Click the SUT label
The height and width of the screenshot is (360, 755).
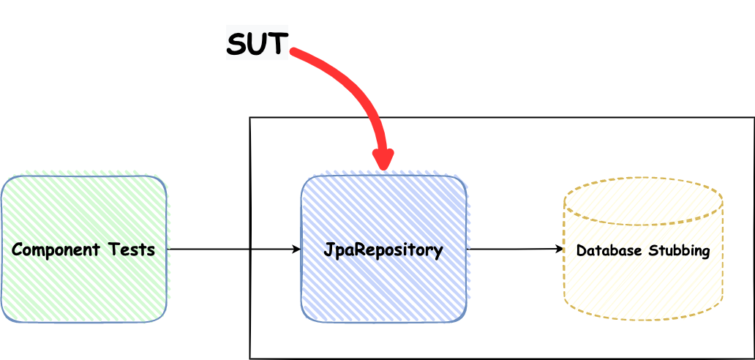(257, 44)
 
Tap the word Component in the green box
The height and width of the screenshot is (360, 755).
(56, 250)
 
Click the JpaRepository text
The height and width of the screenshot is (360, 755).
(383, 250)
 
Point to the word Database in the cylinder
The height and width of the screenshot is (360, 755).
(605, 250)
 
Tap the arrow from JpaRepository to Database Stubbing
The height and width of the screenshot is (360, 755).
(512, 249)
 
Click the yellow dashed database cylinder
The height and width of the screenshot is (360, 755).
(643, 285)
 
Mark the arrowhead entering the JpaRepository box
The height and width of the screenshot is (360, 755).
(297, 250)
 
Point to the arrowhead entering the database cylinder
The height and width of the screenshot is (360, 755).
(560, 249)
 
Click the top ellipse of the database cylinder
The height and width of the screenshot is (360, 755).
(643, 200)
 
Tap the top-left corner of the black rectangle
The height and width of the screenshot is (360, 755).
(251, 119)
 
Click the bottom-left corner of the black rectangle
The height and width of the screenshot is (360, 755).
(251, 358)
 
